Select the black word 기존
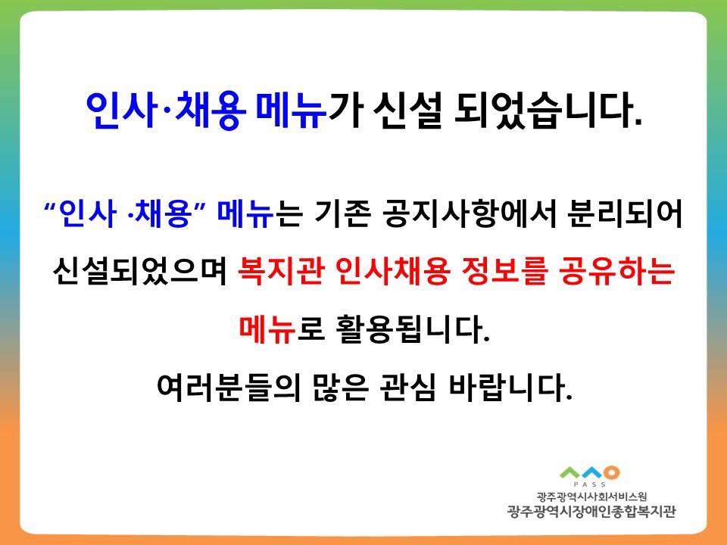342,213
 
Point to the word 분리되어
625,213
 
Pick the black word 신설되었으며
139,271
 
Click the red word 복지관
280,271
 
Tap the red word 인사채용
392,271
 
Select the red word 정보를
504,271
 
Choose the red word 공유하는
617,271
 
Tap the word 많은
340,387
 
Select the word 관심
408,387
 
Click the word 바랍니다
510,387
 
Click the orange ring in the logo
612,472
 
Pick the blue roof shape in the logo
593,473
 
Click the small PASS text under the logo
589,484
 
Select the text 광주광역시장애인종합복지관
592,512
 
